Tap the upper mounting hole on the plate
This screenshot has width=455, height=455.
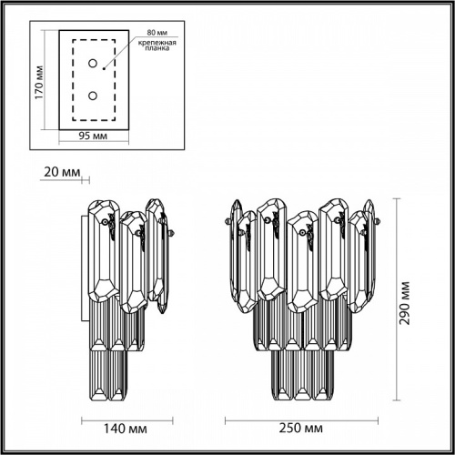tap(92, 63)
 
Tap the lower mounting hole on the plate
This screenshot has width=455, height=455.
tap(92, 95)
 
